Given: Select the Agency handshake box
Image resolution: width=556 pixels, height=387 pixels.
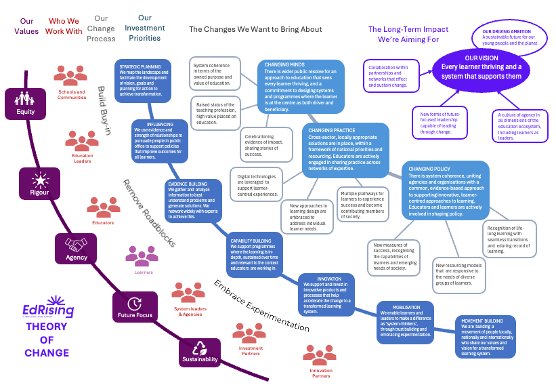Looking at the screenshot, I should point(76,249).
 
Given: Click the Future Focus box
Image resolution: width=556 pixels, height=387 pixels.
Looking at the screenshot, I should point(135,306).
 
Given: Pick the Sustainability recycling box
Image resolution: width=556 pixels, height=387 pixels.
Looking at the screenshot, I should point(200,351).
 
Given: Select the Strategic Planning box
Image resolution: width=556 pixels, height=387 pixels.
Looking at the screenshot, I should point(143,79).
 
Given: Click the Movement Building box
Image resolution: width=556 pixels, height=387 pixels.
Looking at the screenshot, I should point(484,336).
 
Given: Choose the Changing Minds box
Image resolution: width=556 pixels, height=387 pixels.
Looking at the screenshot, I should point(301,85).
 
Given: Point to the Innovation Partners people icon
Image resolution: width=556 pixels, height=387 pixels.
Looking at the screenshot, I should point(320,356).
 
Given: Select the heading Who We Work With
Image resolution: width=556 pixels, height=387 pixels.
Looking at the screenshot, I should point(64,26).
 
